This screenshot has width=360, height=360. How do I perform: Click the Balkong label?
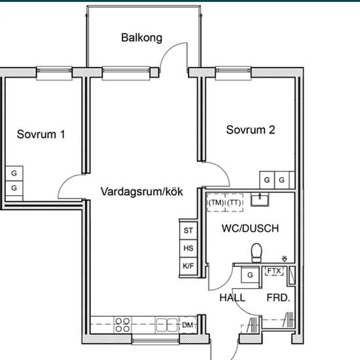click(141, 38)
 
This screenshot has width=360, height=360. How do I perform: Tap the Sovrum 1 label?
click(41, 134)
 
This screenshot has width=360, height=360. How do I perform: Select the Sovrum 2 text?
click(251, 130)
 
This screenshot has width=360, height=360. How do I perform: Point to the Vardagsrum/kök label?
click(141, 192)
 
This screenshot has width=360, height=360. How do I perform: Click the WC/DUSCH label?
click(250, 228)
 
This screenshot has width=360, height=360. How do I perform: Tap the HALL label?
click(232, 298)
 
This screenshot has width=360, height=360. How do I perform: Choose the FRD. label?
click(278, 298)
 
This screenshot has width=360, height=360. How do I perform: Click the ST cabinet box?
click(189, 230)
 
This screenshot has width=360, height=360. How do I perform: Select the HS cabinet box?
click(189, 248)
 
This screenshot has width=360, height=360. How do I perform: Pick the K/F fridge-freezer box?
click(189, 266)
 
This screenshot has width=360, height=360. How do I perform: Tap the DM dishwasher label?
click(188, 325)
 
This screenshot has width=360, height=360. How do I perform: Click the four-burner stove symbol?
click(122, 325)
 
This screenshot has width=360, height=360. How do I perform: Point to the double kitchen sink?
click(167, 325)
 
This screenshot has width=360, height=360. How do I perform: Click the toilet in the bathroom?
click(257, 253)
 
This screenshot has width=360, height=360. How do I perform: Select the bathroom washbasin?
click(260, 199)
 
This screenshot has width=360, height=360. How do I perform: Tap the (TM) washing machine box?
click(216, 202)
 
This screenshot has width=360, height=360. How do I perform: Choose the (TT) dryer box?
click(234, 202)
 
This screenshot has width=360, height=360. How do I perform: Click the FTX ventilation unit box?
click(274, 271)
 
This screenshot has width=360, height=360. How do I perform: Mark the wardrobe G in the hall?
click(250, 275)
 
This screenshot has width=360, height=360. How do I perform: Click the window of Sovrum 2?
click(233, 73)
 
